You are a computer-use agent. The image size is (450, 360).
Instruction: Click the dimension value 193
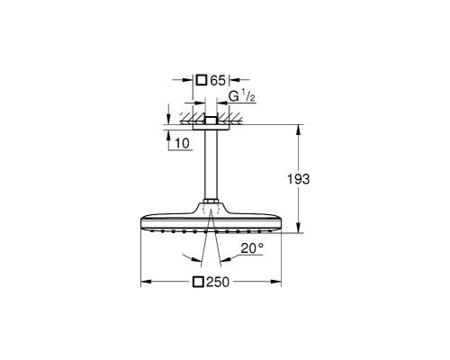pos(300,180)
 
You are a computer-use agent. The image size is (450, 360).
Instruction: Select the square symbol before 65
pos(201,80)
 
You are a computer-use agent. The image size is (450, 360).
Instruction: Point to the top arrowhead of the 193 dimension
pos(299,129)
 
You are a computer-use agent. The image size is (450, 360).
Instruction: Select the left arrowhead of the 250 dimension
pos(144,283)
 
